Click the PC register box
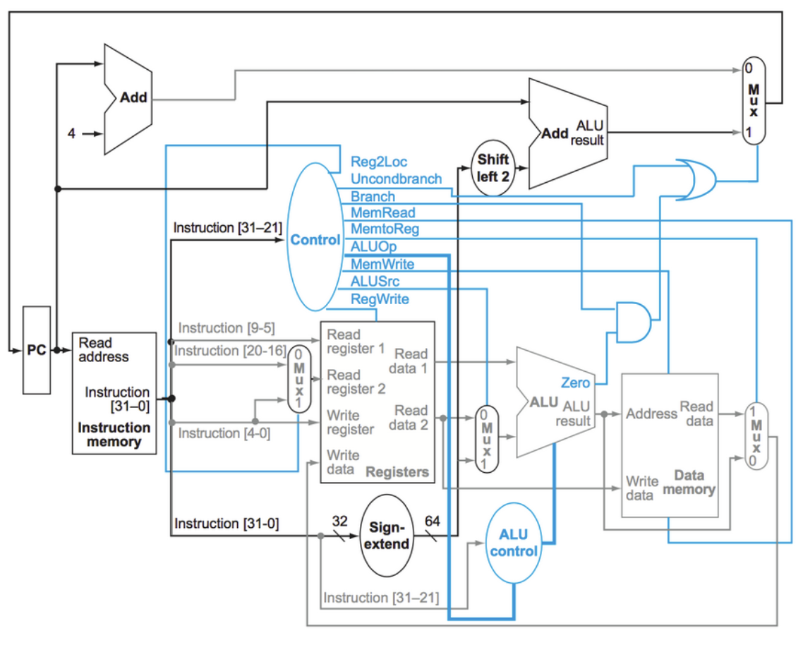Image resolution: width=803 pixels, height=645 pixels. pos(36,350)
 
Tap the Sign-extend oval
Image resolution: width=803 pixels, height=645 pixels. pos(387,536)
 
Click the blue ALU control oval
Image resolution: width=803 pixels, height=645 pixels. pos(514,543)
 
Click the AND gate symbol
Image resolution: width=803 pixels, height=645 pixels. pos(633,322)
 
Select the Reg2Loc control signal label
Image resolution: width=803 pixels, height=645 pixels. pos(379,162)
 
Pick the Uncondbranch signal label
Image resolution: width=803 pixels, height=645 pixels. pos(396,179)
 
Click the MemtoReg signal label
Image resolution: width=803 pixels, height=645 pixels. pos(385,229)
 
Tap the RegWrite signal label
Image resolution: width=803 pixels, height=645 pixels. pos(380,299)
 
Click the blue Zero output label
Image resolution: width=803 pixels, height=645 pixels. pos(576,382)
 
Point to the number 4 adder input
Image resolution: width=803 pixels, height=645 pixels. pos(71,133)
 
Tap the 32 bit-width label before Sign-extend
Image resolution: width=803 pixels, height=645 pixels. pos(340,521)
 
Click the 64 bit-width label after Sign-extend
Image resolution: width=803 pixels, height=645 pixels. pos(432,521)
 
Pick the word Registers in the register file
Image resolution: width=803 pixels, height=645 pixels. pos(397,472)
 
